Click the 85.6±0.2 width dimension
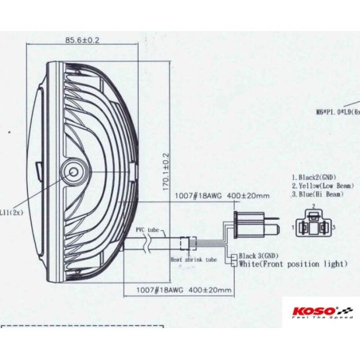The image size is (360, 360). click(83, 40)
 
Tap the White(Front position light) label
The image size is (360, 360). click(292, 264)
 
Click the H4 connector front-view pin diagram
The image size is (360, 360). click(315, 225)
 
